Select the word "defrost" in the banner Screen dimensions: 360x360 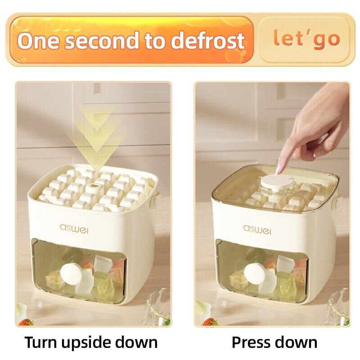pyautogui.click(x=207, y=40)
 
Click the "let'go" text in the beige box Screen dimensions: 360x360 pyautogui.click(x=306, y=39)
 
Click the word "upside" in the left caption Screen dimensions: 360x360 pyautogui.click(x=87, y=343)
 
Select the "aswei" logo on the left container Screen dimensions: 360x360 pyautogui.click(x=74, y=229)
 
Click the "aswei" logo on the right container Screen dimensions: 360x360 pyautogui.click(x=257, y=230)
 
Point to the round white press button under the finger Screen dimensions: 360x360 pyautogui.click(x=277, y=181)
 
